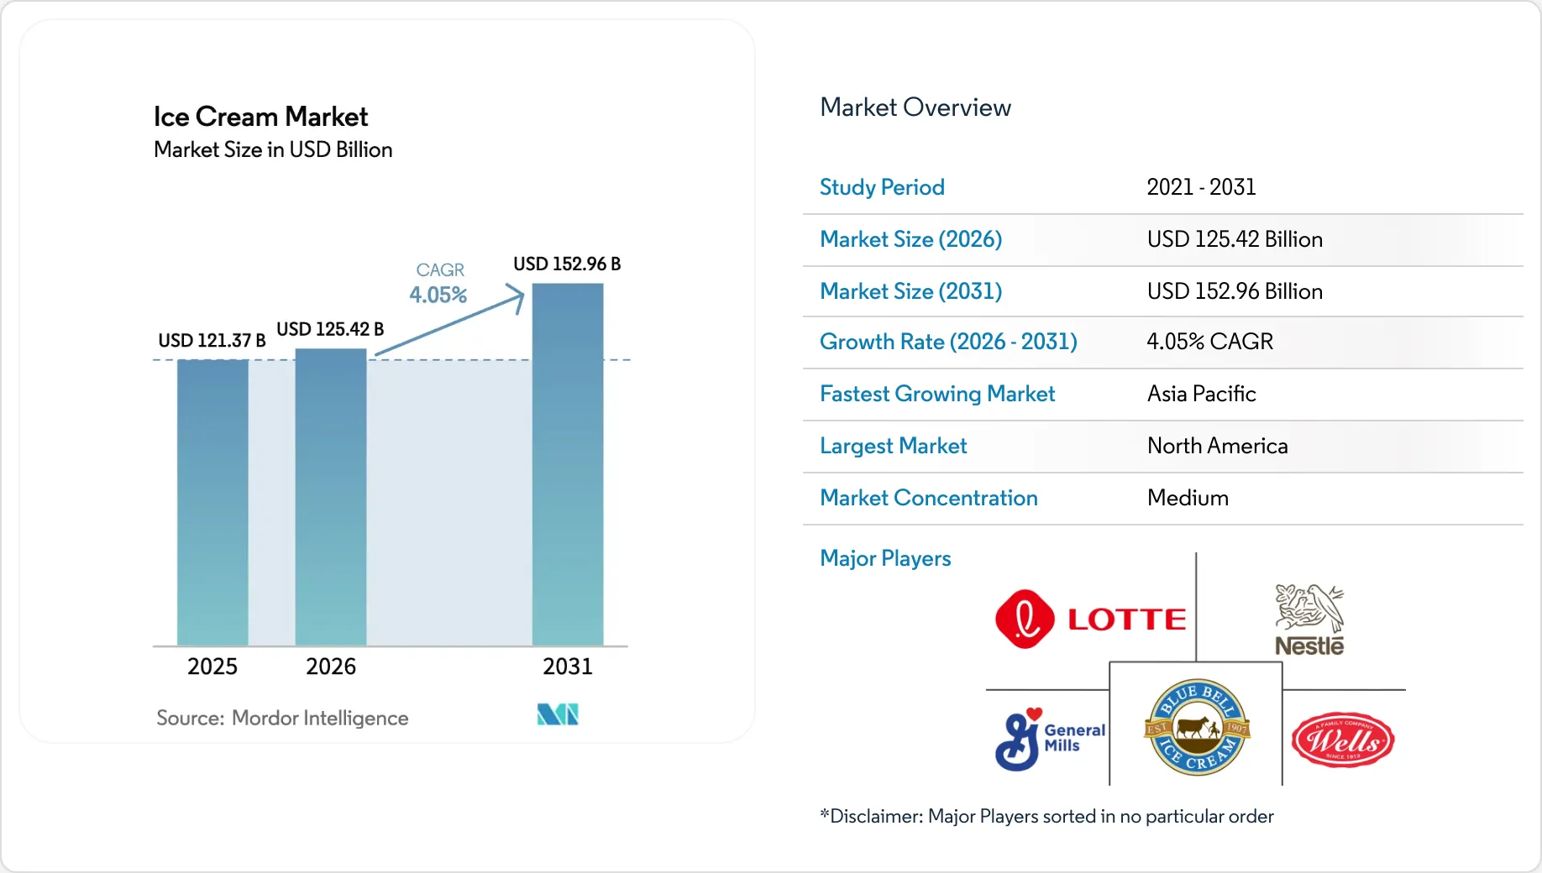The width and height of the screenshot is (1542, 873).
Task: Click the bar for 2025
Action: [212, 502]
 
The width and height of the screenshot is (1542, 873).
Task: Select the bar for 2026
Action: [331, 497]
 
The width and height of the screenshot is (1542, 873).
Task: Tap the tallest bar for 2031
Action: [568, 464]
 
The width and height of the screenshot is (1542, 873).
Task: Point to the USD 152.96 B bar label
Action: [567, 264]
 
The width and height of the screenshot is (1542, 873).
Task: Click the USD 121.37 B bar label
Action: [212, 340]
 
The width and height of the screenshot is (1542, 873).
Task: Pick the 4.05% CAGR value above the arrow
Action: [438, 295]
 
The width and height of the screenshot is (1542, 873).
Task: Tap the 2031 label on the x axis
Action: [568, 667]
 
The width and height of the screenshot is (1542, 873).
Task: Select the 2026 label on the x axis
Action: [331, 667]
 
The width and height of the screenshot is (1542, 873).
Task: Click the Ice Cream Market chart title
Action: [260, 117]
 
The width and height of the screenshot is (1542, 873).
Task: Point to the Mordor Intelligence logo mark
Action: [558, 714]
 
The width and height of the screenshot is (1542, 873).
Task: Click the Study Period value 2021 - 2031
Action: [1201, 187]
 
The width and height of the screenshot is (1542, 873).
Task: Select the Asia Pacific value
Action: [1201, 394]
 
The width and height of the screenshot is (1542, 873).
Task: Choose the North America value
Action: [1217, 446]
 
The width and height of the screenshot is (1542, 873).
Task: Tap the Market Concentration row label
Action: [929, 498]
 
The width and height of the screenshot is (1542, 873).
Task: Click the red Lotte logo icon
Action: [1025, 619]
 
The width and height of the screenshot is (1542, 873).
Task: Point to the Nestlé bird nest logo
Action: [1309, 619]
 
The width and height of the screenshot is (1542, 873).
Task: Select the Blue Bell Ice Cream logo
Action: [1197, 727]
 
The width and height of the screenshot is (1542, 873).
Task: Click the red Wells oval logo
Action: [1343, 740]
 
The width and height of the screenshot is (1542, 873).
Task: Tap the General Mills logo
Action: [1050, 739]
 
